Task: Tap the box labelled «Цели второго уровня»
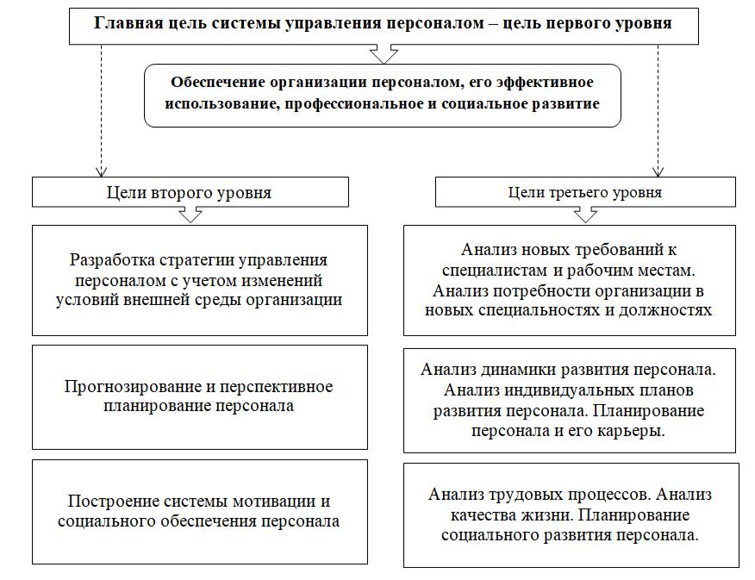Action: (190, 192)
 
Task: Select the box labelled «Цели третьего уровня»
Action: (585, 192)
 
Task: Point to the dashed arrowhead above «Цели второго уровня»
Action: (101, 172)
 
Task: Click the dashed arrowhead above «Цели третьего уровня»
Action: (658, 172)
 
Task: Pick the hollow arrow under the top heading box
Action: (384, 54)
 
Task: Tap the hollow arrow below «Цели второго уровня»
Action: (190, 215)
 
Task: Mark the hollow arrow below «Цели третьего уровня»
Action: (585, 215)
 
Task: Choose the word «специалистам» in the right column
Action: (495, 271)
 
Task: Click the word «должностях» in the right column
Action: (665, 311)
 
